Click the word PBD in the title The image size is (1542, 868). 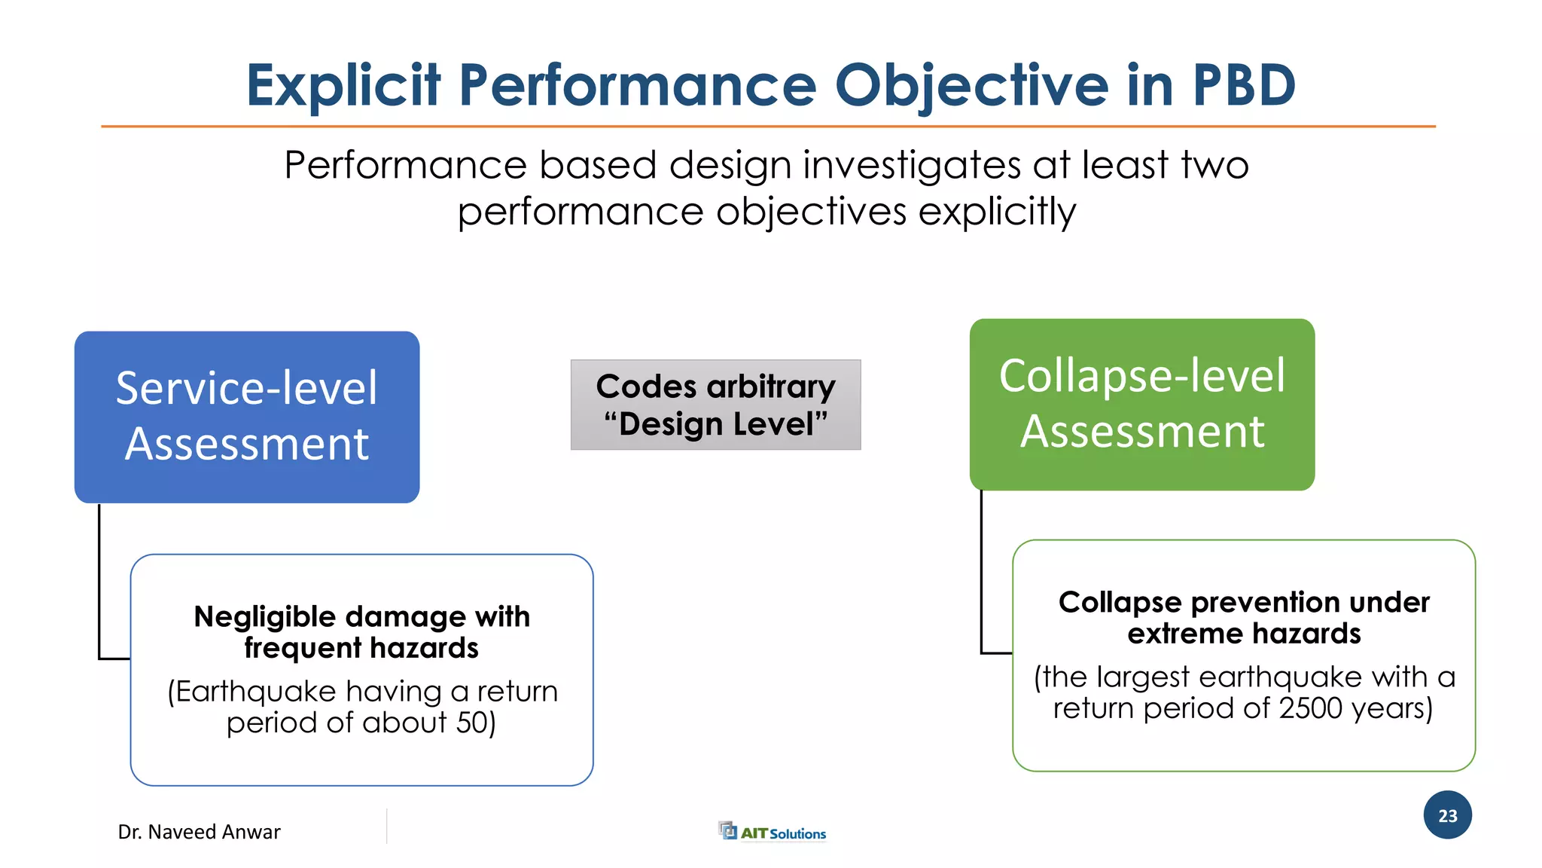click(x=1244, y=84)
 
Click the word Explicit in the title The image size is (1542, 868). click(x=343, y=86)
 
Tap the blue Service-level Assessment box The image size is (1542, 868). click(x=247, y=417)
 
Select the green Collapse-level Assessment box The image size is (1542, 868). click(x=1141, y=405)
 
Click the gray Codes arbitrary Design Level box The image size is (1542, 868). click(x=715, y=405)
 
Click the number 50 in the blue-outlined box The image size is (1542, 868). click(x=472, y=723)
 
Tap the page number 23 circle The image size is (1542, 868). click(x=1447, y=815)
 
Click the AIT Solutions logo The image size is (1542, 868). click(x=773, y=832)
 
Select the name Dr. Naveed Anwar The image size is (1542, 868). click(x=199, y=832)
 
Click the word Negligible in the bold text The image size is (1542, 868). click(x=264, y=617)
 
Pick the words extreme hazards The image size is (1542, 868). click(x=1244, y=634)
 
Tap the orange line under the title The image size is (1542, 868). click(x=768, y=127)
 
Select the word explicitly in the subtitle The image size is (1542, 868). click(x=997, y=212)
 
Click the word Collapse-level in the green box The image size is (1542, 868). click(x=1141, y=376)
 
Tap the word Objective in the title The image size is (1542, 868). click(x=971, y=86)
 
